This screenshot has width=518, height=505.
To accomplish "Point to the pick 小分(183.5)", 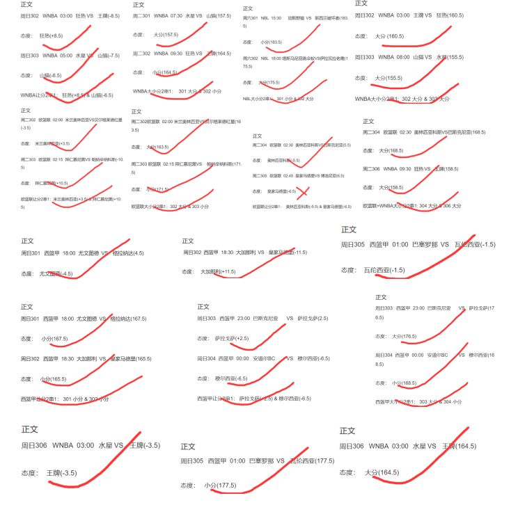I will tap(271, 42).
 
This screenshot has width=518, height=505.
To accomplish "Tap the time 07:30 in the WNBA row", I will tap(176, 15).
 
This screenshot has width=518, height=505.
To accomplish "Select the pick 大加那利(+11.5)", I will tap(218, 271).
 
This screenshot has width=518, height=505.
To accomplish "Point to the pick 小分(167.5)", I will tap(54, 339).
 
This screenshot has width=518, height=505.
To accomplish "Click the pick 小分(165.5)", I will tap(54, 379).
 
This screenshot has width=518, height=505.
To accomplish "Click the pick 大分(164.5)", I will tap(382, 472).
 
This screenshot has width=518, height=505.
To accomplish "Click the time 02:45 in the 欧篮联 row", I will tap(288, 175).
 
